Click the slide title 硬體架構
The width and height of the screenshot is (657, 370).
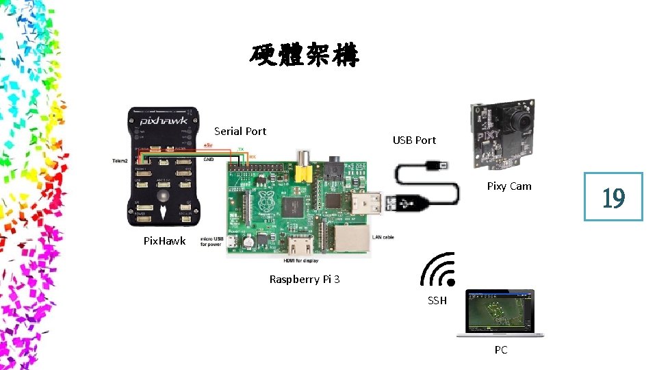point(303,56)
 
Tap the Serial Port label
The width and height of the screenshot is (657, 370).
point(240,131)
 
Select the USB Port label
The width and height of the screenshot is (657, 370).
point(414,140)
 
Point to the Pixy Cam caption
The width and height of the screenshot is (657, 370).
point(508,186)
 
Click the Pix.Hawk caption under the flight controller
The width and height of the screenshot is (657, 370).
point(164,241)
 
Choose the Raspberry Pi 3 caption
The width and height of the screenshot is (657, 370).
point(305,279)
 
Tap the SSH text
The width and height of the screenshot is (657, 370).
point(437,300)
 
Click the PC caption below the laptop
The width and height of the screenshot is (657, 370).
point(501,349)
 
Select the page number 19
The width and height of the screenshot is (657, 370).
point(613,197)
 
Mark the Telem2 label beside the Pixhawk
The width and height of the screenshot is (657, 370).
point(121,161)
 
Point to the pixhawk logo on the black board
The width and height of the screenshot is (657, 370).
point(164,121)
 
